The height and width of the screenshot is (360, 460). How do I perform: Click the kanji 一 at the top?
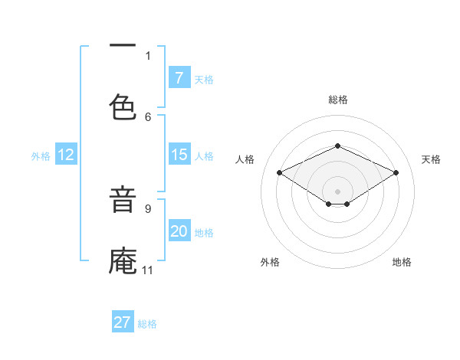click(123, 47)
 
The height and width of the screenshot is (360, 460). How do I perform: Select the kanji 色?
click(123, 106)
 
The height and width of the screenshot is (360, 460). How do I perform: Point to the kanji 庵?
click(123, 260)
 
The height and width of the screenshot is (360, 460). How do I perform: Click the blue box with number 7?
click(179, 77)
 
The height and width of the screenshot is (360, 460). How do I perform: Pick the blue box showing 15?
click(179, 155)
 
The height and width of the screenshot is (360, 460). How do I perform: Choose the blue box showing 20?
click(179, 231)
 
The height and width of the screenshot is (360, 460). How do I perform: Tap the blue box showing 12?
click(66, 155)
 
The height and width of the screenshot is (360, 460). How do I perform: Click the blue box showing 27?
click(123, 322)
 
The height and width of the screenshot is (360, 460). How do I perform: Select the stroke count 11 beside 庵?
click(147, 270)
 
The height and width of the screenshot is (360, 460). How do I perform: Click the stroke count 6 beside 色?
click(148, 116)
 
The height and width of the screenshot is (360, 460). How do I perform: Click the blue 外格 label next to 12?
click(41, 155)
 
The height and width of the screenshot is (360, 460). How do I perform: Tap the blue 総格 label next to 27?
click(147, 323)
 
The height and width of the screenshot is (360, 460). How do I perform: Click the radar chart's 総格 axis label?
click(337, 100)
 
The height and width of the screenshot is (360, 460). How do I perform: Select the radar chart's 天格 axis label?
click(431, 159)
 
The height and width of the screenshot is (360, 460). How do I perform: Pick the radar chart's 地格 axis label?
click(402, 262)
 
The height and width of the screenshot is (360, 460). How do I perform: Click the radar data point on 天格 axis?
click(396, 173)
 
